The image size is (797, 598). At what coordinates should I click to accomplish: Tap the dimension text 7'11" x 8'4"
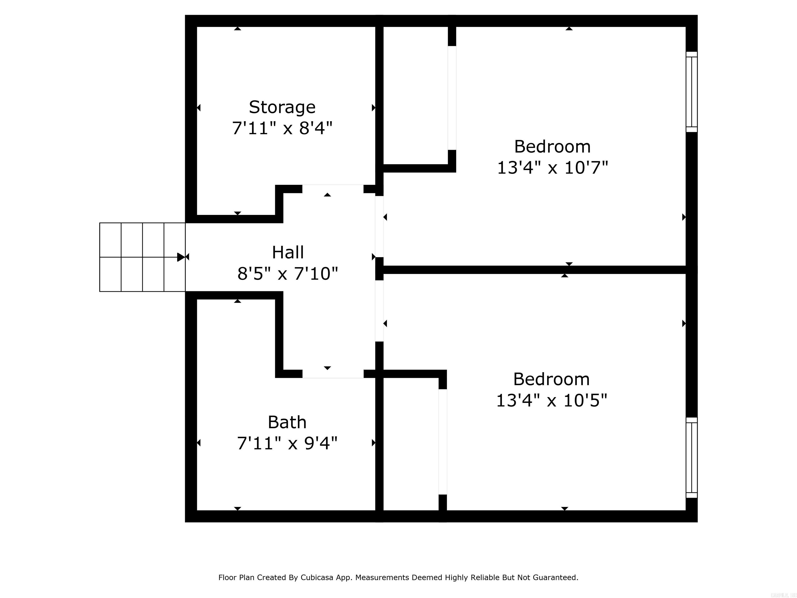pos(282,128)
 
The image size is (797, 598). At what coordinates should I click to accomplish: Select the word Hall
pos(288,252)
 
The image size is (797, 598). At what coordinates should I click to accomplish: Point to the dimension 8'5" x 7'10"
pos(288,274)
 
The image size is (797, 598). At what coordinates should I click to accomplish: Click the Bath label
pos(287,422)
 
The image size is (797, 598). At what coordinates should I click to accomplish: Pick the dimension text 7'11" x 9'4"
pos(287,443)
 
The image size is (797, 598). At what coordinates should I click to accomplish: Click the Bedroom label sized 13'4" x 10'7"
pos(552,147)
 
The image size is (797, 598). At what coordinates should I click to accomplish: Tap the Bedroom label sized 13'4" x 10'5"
pos(551,379)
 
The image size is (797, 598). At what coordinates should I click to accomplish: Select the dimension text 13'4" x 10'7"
pos(552,168)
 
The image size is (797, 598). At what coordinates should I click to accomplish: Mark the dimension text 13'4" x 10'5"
pos(551,400)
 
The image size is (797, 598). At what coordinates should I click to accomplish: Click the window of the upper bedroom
pos(691,92)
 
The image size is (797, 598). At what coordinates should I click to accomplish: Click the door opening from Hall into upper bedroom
pos(379,226)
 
